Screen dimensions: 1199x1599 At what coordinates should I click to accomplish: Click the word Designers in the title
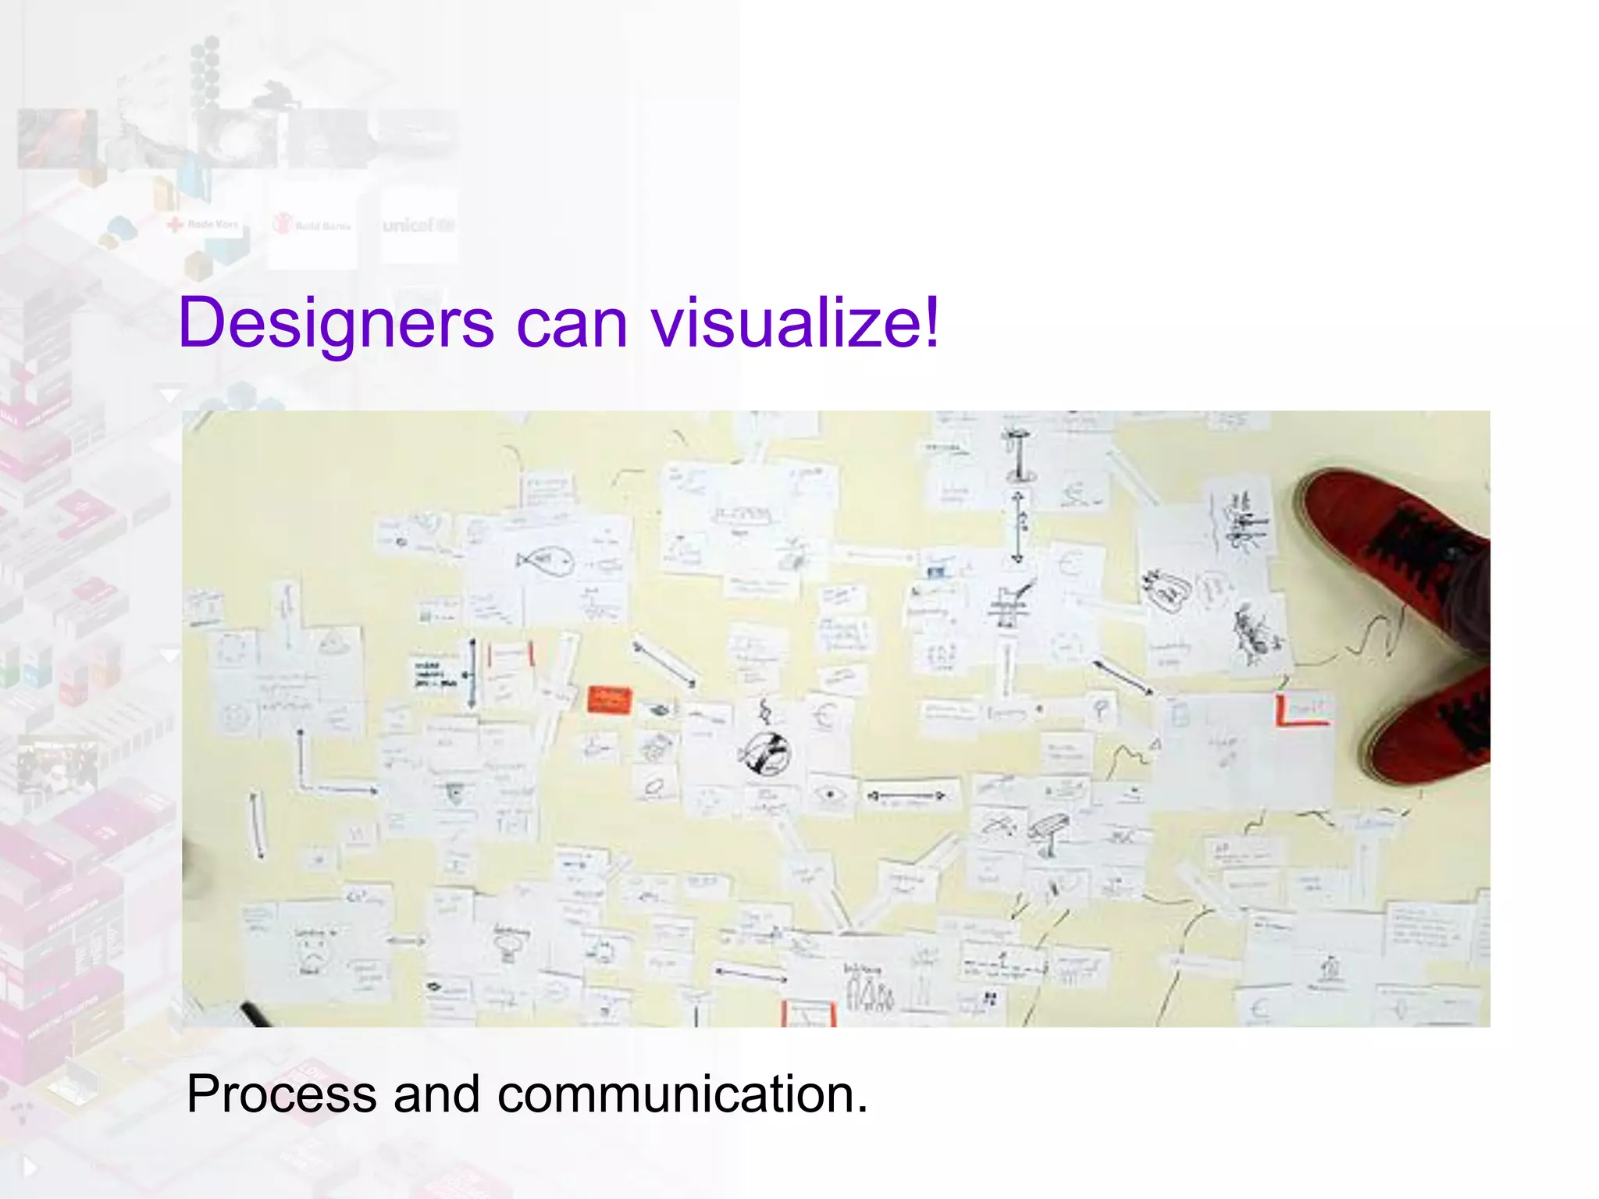336,323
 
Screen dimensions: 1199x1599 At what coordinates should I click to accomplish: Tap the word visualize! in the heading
796,323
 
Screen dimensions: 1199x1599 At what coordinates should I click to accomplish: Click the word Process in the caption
281,1094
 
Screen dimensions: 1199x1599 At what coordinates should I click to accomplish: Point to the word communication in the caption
682,1094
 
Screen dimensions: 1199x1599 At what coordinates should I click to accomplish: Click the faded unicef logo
418,226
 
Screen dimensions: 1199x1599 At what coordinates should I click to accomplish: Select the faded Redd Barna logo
312,226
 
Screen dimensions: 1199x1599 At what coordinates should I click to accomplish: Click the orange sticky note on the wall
609,699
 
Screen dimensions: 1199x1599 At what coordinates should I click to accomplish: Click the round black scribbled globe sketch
764,754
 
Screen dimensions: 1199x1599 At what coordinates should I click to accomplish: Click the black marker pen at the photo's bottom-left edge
255,1014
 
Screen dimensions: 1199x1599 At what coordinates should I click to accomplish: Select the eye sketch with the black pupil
829,795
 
